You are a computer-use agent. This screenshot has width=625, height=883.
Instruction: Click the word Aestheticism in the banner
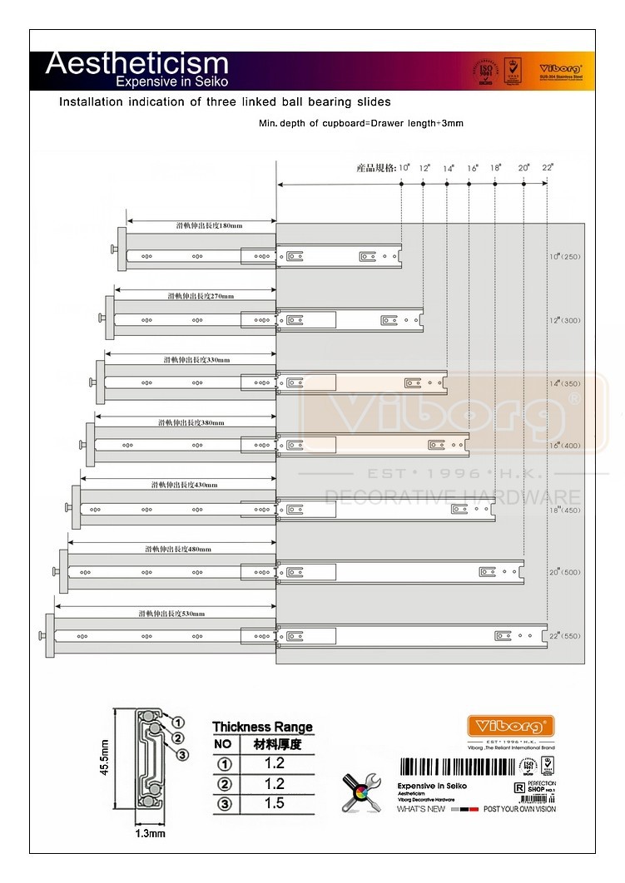click(136, 63)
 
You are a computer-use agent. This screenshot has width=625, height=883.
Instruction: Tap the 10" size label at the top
click(404, 168)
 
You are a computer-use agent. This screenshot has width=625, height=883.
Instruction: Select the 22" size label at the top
click(547, 168)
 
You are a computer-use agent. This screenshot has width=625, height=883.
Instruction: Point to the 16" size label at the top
click(473, 168)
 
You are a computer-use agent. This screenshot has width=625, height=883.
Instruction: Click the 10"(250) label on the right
click(563, 257)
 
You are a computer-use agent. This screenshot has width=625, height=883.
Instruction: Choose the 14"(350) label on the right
click(563, 384)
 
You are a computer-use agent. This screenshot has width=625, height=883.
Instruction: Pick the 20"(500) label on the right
click(563, 572)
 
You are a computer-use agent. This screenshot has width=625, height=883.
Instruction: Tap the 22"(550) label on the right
click(563, 636)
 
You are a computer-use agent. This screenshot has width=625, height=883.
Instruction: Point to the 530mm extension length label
click(171, 614)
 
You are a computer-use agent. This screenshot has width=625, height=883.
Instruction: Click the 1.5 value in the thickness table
click(274, 802)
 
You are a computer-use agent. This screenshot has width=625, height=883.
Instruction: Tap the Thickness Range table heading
click(262, 727)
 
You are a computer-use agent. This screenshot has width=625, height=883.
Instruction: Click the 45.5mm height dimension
click(105, 757)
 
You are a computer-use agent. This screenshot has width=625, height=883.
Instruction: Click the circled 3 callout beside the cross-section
click(183, 754)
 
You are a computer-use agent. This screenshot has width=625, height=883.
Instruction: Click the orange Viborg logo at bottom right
click(510, 725)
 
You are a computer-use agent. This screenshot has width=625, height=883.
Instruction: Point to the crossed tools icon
click(362, 792)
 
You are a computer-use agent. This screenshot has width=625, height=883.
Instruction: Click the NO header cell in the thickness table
click(223, 744)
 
